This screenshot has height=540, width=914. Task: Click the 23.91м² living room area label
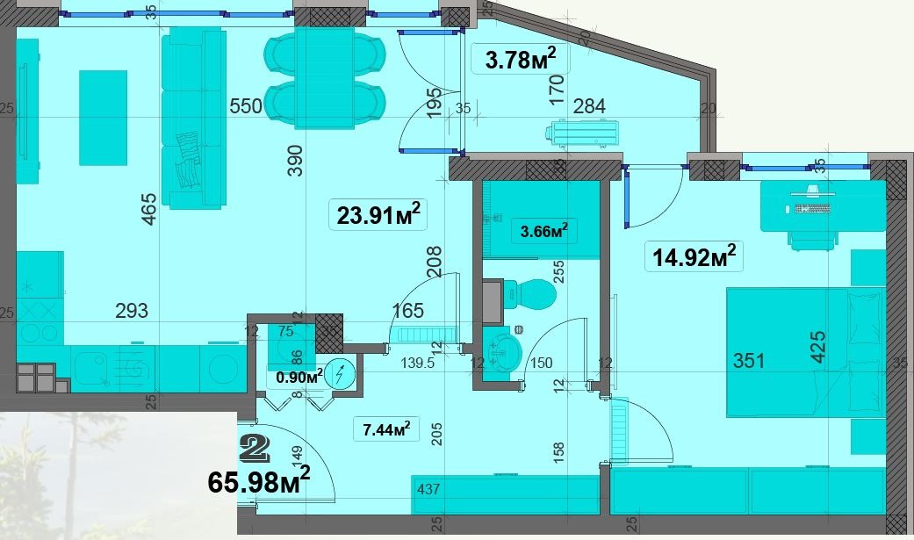378,214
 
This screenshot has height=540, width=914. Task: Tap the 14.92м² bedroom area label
694,256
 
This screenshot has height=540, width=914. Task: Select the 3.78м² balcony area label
521,59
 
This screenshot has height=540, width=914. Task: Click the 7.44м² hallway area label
386,429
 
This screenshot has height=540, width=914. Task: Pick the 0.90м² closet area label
299,377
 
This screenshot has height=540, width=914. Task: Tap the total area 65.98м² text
259,481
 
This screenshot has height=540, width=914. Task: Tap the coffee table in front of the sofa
104,118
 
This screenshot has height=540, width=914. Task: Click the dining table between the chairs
325,77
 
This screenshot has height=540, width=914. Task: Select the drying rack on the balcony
582,133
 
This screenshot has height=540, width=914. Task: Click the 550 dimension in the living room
246,107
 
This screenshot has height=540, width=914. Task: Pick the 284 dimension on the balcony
589,107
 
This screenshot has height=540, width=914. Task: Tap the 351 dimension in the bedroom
748,360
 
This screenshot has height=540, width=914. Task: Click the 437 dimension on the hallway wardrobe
428,489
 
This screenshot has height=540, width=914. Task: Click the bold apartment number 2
255,448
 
